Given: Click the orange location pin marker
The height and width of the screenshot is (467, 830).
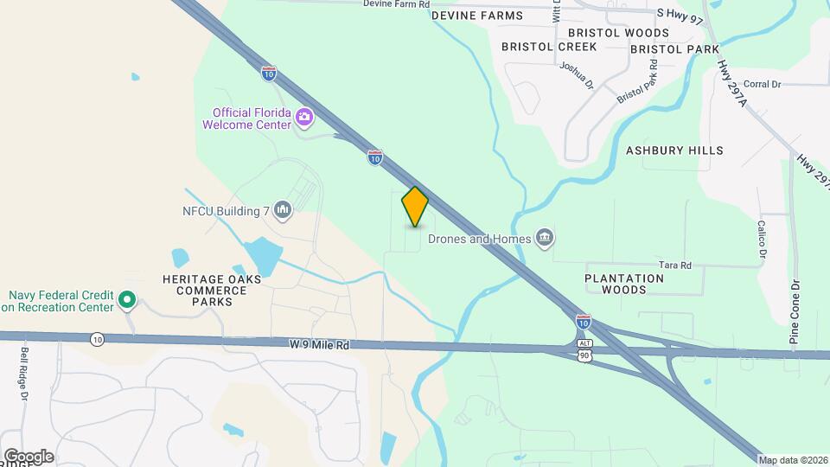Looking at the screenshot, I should pyautogui.click(x=415, y=207).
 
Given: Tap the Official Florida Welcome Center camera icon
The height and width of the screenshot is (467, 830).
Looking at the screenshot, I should pyautogui.click(x=304, y=117).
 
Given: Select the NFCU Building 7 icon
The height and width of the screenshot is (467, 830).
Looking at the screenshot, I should pyautogui.click(x=283, y=209).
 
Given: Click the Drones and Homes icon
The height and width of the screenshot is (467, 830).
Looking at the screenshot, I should pyautogui.click(x=544, y=237).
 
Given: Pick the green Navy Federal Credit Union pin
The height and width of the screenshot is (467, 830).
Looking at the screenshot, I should pyautogui.click(x=127, y=300).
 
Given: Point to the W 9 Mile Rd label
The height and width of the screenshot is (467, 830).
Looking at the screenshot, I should pyautogui.click(x=320, y=345).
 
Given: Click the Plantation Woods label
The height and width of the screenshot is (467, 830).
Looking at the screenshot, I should pyautogui.click(x=624, y=284).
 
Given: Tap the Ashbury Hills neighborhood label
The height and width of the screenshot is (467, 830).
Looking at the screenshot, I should pyautogui.click(x=674, y=150).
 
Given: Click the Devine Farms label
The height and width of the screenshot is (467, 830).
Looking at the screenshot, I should pyautogui.click(x=476, y=16).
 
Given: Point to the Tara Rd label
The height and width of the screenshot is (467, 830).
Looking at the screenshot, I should pyautogui.click(x=675, y=265).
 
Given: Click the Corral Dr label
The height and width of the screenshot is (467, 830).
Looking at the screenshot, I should pyautogui.click(x=762, y=84).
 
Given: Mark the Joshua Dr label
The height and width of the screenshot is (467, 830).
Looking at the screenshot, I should pyautogui.click(x=577, y=75).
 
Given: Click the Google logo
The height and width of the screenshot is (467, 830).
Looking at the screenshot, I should pyautogui.click(x=29, y=456).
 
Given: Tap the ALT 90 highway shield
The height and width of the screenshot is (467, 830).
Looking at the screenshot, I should pyautogui.click(x=584, y=350).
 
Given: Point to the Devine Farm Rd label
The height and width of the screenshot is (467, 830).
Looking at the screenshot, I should pyautogui.click(x=396, y=4).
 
